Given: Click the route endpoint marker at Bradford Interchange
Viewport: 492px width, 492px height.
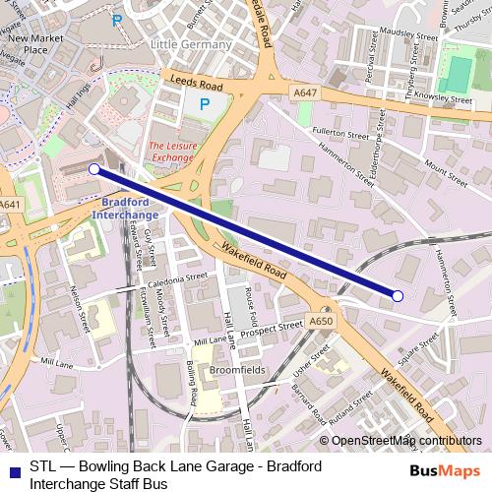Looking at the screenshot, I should tap(94, 169).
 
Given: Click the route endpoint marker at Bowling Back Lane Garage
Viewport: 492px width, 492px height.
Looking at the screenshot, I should tap(398, 295).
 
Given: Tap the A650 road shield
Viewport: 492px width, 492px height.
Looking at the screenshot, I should tap(321, 321).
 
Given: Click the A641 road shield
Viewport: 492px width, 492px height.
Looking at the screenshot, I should tap(11, 205).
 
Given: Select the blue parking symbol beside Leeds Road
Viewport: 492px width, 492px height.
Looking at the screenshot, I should tap(205, 103).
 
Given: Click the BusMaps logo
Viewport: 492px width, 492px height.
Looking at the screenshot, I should tap(446, 469).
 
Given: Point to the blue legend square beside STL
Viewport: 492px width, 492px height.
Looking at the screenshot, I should tap(13, 469).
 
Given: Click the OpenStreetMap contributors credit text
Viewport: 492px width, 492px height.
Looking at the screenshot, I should tap(406, 440).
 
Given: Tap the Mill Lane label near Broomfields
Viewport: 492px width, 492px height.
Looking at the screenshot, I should tap(210, 340).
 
